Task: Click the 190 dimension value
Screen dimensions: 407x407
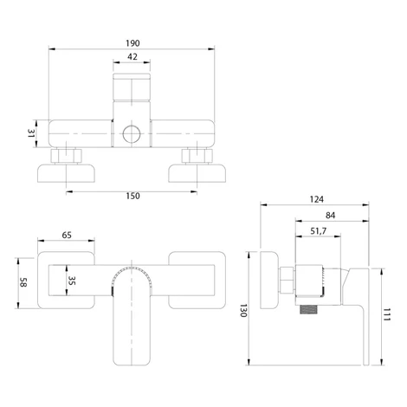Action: pyautogui.click(x=132, y=43)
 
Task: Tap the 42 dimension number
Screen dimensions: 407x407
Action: pyautogui.click(x=132, y=57)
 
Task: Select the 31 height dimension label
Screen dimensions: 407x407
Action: pyautogui.click(x=31, y=133)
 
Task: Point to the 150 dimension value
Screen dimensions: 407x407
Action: pyautogui.click(x=132, y=196)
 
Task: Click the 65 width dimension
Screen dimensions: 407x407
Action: pyautogui.click(x=67, y=236)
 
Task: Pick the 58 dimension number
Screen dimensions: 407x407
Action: pyautogui.click(x=23, y=282)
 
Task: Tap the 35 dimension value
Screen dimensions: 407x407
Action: pyautogui.click(x=72, y=281)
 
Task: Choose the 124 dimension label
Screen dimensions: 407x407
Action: pyautogui.click(x=317, y=199)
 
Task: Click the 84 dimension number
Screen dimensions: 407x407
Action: pyautogui.click(x=330, y=216)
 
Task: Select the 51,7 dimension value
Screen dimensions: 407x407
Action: pyautogui.click(x=319, y=231)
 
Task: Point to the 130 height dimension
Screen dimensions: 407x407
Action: pyautogui.click(x=243, y=311)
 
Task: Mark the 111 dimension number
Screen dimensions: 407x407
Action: pyautogui.click(x=386, y=314)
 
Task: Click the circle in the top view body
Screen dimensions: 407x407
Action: pyautogui.click(x=132, y=134)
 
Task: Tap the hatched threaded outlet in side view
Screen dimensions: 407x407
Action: pyautogui.click(x=309, y=309)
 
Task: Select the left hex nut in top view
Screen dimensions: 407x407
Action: pyautogui.click(x=67, y=156)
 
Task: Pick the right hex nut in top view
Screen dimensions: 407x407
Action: pyautogui.click(x=197, y=156)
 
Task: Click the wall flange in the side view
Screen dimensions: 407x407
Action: pyautogui.click(x=269, y=280)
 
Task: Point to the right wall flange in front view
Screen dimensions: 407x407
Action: pyautogui.click(x=197, y=281)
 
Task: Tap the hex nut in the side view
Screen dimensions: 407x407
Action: pyautogui.click(x=287, y=280)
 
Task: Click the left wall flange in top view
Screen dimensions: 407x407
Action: pyautogui.click(x=66, y=173)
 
